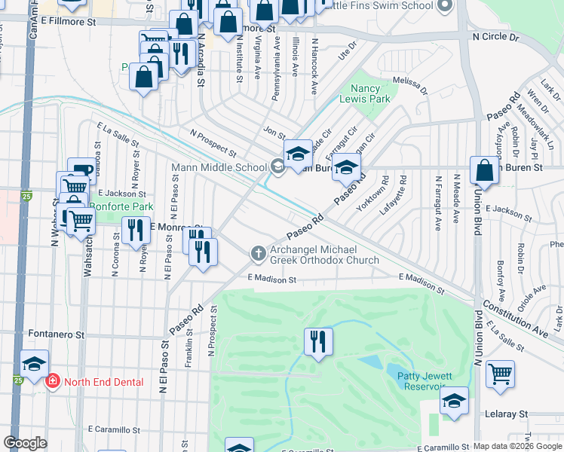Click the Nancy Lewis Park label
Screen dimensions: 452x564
coord(370,93)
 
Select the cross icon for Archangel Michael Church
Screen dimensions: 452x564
coord(259,254)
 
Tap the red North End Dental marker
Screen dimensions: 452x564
coord(52,382)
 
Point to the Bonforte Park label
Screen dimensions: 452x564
coord(121,206)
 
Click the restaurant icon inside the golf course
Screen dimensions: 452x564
coord(318,341)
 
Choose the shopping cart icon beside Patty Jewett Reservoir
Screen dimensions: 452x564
coord(500,374)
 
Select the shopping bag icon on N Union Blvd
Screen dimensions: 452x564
coord(484,169)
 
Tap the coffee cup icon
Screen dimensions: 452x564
coord(81,171)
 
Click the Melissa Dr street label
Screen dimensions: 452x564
coord(409,83)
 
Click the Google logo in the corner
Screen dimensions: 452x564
coord(25,443)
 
